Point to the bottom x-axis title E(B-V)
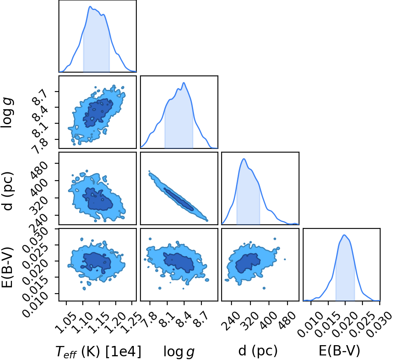click(339, 351)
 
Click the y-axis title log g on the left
click(8, 112)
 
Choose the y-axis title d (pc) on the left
click(8, 191)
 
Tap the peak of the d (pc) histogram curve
click(243, 159)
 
